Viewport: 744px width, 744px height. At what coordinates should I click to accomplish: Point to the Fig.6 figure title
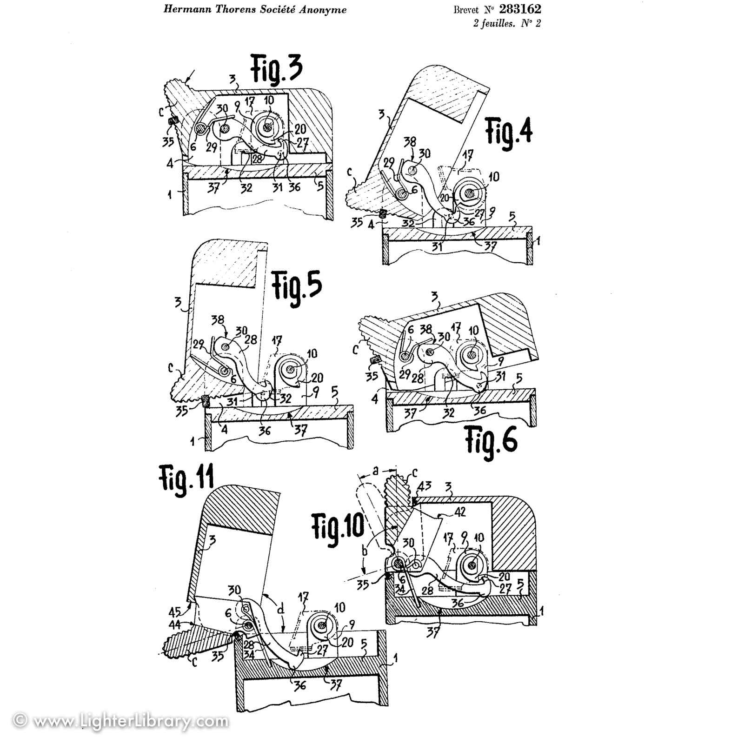[492, 440]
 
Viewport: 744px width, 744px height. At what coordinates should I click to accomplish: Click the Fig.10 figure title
[338, 529]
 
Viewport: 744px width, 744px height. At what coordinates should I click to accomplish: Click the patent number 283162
[520, 9]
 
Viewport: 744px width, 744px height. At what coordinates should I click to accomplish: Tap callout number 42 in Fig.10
[459, 512]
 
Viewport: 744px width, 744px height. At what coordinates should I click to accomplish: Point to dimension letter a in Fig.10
[375, 472]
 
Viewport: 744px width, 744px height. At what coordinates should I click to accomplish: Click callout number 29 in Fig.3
[212, 148]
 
